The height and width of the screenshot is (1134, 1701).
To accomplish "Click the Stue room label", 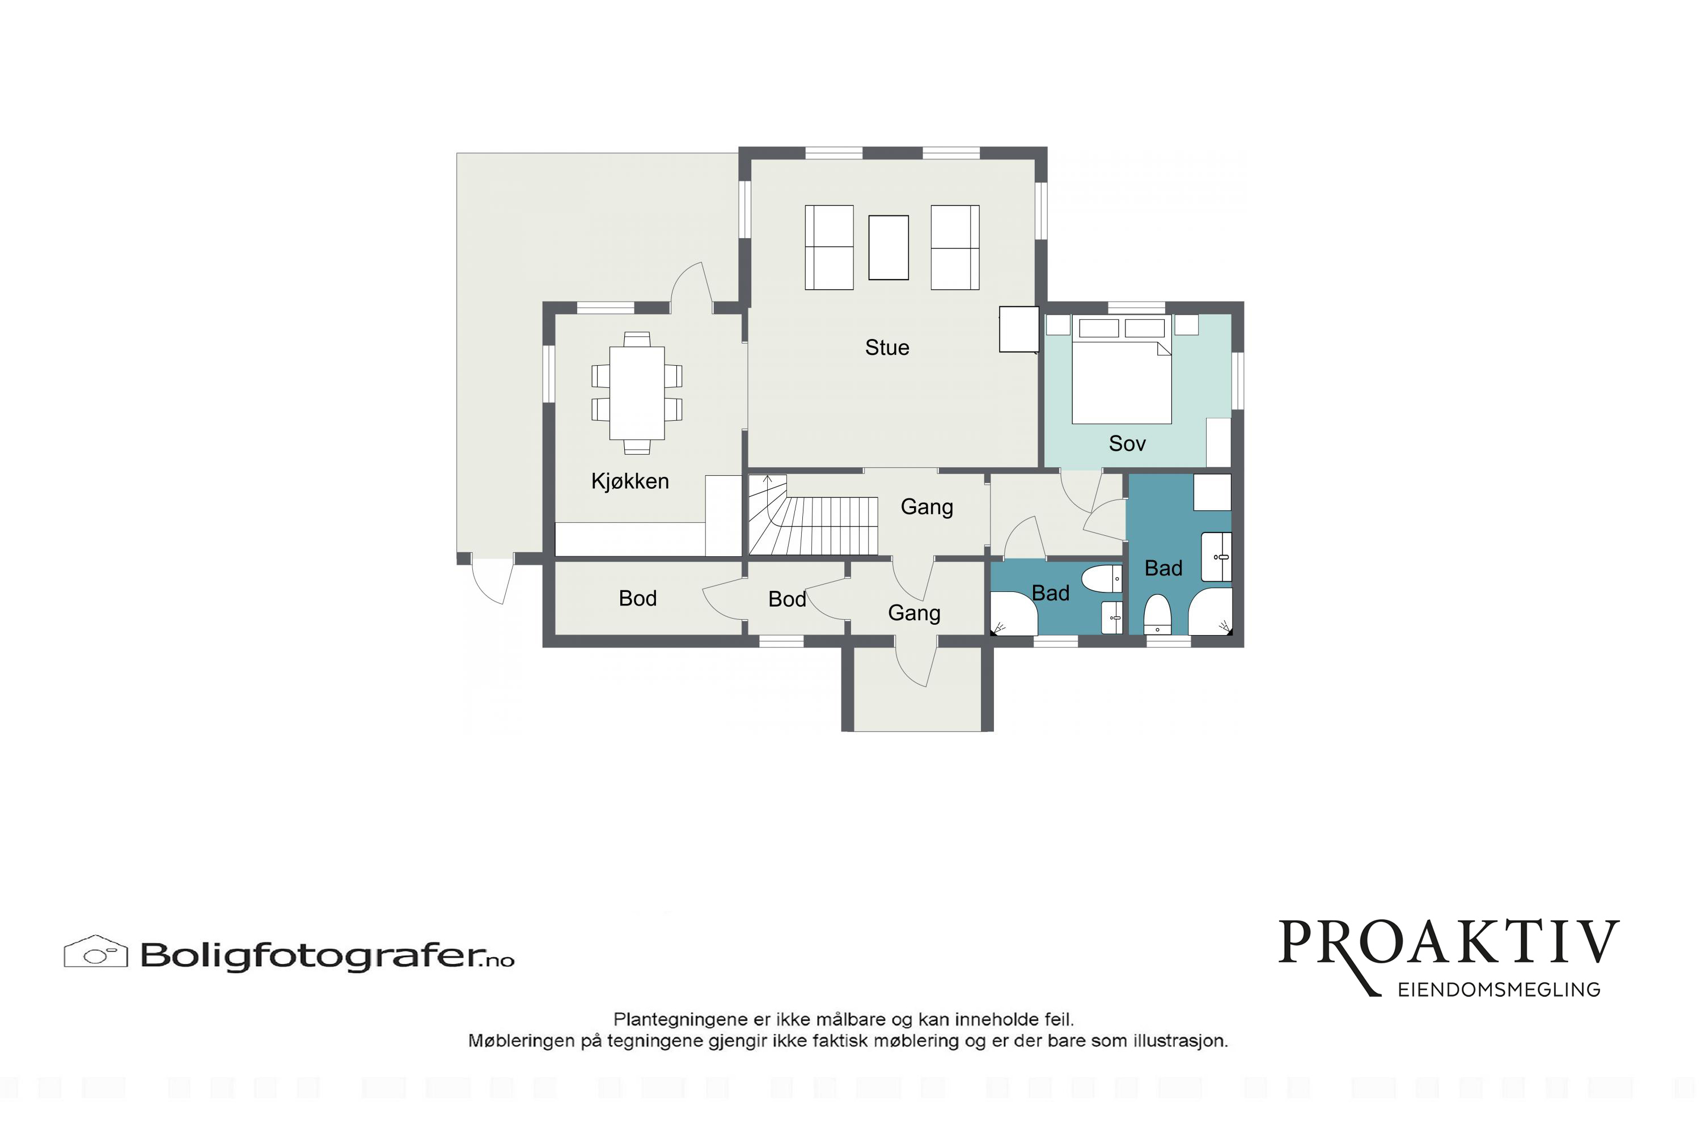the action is tap(887, 348).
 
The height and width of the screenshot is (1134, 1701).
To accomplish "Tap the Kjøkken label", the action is tap(630, 481).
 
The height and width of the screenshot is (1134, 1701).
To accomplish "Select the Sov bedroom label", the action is tap(1128, 443).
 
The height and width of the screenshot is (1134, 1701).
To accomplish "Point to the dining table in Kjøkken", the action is tap(637, 393).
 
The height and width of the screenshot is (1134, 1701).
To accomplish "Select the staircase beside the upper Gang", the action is tap(813, 514).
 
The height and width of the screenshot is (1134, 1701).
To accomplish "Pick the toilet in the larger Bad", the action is tap(1157, 615).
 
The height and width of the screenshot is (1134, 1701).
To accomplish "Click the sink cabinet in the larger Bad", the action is tap(1216, 557).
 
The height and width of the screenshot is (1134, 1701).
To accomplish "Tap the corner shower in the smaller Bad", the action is tap(1014, 613).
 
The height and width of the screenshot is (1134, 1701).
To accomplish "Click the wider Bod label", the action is tap(638, 599).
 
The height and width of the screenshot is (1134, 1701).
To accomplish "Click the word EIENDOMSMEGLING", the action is tap(1499, 990).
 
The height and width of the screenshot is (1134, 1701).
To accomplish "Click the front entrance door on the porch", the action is tap(916, 662).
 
